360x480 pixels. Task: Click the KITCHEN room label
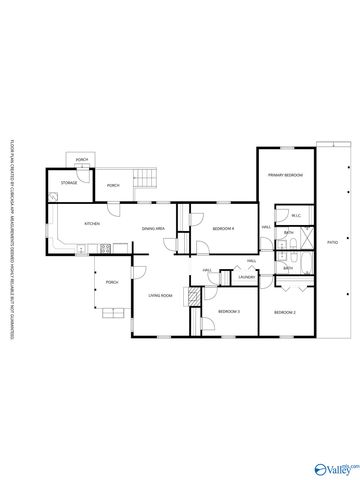pos(89,223)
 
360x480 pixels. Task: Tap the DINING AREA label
pos(154,229)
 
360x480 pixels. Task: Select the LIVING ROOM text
pos(160,296)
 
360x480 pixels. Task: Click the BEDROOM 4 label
pos(222,228)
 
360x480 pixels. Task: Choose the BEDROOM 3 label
pos(229,313)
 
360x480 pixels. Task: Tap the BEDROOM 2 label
pos(284,313)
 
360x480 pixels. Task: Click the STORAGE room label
pos(69,183)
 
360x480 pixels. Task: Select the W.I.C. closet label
pos(296,216)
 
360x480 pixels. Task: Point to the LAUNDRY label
pos(247,277)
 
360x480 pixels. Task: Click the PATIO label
pos(331,243)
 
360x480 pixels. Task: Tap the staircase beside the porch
pos(147,180)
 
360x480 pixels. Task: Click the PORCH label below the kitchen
pos(111,282)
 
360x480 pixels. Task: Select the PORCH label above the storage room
pos(81,160)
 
